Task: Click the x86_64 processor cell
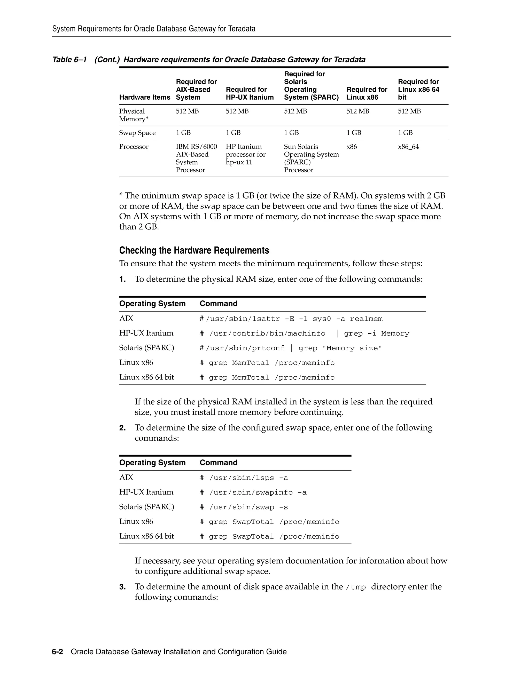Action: coord(408,147)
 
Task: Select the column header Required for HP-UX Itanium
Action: coord(250,93)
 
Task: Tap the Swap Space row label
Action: coord(137,133)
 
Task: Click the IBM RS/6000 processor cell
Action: coord(196,158)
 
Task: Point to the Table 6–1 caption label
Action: coord(69,60)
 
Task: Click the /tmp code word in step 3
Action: coord(356,587)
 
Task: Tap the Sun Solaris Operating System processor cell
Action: coord(311,158)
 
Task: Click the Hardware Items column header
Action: coord(144,97)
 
